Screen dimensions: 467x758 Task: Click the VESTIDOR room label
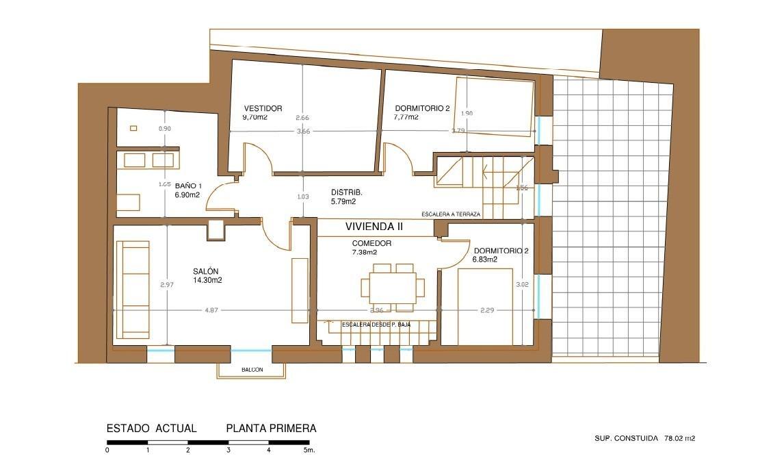tap(263, 108)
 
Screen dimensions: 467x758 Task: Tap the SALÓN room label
tap(207, 270)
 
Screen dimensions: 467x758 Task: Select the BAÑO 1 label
tap(188, 186)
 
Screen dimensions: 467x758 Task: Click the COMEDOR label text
tap(371, 243)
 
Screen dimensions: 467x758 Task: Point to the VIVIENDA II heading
tap(374, 227)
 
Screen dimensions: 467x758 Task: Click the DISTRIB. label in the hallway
tap(346, 192)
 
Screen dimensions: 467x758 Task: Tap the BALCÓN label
tap(252, 370)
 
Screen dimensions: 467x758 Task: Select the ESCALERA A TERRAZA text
tap(451, 214)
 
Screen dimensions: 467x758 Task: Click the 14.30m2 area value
tap(207, 279)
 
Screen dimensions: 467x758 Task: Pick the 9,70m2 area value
tap(254, 117)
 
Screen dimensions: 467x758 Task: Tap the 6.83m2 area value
tap(484, 260)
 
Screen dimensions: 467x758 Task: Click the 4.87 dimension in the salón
tap(211, 310)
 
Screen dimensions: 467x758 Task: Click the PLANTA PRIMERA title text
tap(271, 429)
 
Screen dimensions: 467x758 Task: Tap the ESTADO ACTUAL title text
tap(152, 429)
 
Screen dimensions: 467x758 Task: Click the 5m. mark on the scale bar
tap(309, 451)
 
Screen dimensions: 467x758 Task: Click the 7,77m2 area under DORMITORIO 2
tap(406, 117)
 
